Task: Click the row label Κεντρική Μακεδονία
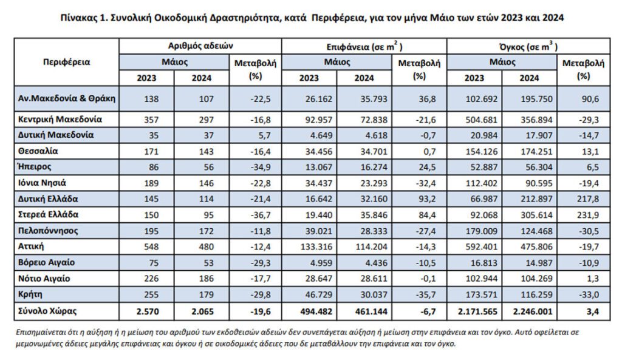coord(60,120)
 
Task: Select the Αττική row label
coord(31,246)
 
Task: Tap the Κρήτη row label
coord(30,294)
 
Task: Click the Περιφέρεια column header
coord(67,63)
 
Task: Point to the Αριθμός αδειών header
coord(200,46)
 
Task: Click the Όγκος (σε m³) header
coord(528,46)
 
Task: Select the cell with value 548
coord(151,246)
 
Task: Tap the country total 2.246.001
coord(532,311)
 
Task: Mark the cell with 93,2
coord(427,199)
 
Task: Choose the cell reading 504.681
coord(481,120)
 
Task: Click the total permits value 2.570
coord(148,311)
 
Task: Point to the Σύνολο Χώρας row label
coord(47,311)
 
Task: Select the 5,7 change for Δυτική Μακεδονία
coord(265,135)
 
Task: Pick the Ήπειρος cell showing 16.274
coord(371,168)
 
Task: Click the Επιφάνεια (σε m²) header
coord(364,46)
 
